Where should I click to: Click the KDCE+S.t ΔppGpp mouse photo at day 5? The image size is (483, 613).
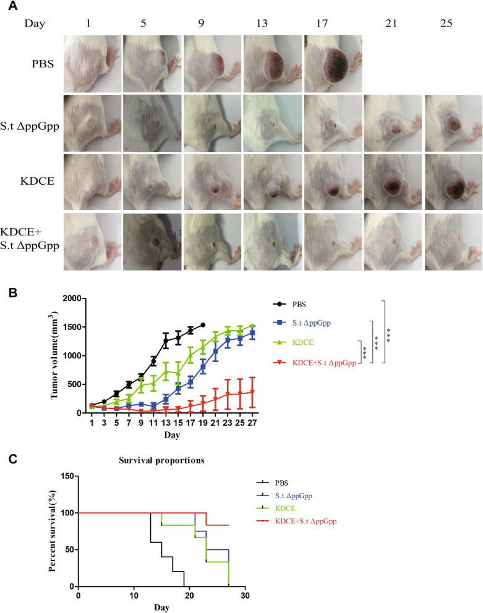[152, 242]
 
